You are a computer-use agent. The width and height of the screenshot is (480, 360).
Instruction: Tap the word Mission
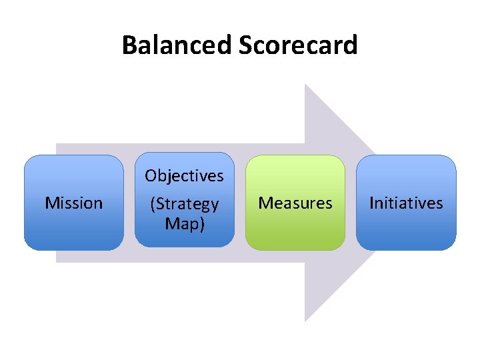(74, 203)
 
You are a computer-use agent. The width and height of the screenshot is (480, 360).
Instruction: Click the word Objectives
(185, 176)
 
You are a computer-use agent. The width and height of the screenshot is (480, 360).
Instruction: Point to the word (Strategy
(185, 204)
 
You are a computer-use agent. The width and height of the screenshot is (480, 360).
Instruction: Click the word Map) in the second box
(185, 224)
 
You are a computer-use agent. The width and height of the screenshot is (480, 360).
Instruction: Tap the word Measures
(295, 203)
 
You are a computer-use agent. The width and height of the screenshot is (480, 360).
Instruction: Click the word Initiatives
(406, 203)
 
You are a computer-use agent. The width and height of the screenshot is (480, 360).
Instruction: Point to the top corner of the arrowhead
(305, 85)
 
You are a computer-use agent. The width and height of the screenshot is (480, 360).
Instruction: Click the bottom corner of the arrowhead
(305, 321)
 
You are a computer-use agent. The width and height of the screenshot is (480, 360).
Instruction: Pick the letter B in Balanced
(129, 45)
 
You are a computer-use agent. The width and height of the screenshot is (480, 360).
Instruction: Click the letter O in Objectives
(151, 176)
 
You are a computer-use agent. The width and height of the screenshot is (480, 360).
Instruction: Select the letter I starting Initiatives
(372, 203)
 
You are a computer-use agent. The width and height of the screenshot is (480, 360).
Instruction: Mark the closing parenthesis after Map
(202, 225)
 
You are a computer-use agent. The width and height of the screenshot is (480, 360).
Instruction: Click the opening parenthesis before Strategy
(153, 204)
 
